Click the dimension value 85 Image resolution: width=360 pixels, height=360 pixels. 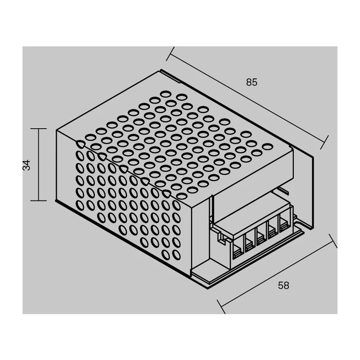[x=252, y=82]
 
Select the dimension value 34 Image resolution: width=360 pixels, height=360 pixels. [x=27, y=165]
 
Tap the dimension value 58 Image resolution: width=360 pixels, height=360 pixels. [x=283, y=285]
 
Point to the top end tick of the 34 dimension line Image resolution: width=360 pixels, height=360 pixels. [x=39, y=129]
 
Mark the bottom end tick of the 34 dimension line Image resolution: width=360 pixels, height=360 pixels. [x=39, y=200]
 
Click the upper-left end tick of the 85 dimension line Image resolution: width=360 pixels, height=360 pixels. [x=171, y=54]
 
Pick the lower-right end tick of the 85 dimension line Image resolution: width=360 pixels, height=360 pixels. [x=324, y=142]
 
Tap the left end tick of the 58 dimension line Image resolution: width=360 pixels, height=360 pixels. [x=221, y=306]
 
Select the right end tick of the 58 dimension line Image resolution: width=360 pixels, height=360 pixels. [x=333, y=241]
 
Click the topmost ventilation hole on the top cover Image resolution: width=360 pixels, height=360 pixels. [x=165, y=94]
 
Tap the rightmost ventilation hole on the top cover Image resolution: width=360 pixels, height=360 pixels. [x=267, y=146]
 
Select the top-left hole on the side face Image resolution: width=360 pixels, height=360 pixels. [x=80, y=144]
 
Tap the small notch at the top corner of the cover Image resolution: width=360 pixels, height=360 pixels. [x=171, y=75]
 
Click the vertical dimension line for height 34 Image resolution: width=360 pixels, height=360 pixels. [x=39, y=165]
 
